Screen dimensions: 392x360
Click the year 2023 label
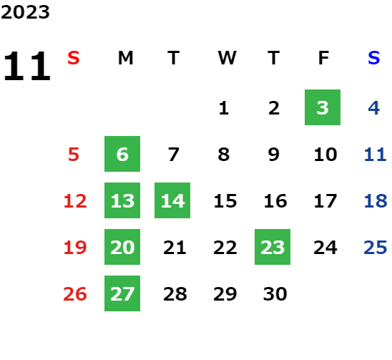pos(25,12)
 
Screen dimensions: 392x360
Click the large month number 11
pos(27,66)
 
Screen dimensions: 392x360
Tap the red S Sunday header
pos(74,58)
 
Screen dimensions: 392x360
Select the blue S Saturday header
pos(373,58)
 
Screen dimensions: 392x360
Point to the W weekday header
pos(227,58)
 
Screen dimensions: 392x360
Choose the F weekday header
pos(324,58)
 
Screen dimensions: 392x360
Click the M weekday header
pos(125,58)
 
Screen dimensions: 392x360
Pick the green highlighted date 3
pos(323,107)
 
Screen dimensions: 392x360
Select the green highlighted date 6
pos(122,154)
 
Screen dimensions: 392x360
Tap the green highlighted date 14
pos(172,200)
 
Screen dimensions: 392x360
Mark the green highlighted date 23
pos(273,247)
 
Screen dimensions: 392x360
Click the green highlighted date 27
pos(122,293)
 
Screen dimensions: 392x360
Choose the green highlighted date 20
pos(122,247)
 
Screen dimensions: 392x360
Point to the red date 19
pos(75,248)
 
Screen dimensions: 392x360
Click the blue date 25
pos(376,248)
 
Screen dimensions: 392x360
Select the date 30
pos(275,294)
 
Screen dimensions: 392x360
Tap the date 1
pos(224,108)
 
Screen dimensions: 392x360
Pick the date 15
pos(225,201)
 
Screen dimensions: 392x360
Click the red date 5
pos(74,155)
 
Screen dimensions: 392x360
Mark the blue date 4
pos(374,108)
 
